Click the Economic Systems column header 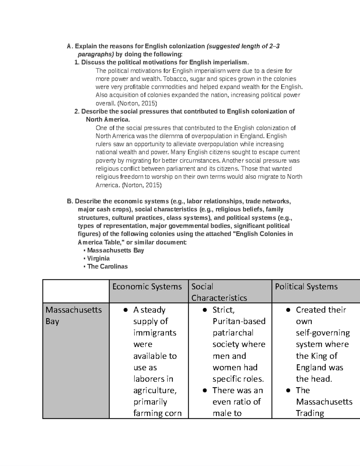pyautogui.click(x=147, y=287)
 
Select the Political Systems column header pyautogui.click(x=306, y=287)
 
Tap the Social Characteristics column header pyautogui.click(x=219, y=292)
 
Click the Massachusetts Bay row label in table pyautogui.click(x=73, y=315)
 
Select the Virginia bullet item pyautogui.click(x=98, y=258)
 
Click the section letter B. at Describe pyautogui.click(x=70, y=201)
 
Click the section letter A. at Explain pyautogui.click(x=70, y=46)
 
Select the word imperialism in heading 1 pyautogui.click(x=231, y=62)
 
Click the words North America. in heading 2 pyautogui.click(x=108, y=119)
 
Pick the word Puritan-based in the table pyautogui.click(x=239, y=321)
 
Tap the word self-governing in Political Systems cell pyautogui.click(x=323, y=333)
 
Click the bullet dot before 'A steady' pyautogui.click(x=126, y=310)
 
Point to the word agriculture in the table pyautogui.click(x=155, y=390)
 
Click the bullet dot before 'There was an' pyautogui.click(x=205, y=390)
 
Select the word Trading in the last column pyautogui.click(x=310, y=413)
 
